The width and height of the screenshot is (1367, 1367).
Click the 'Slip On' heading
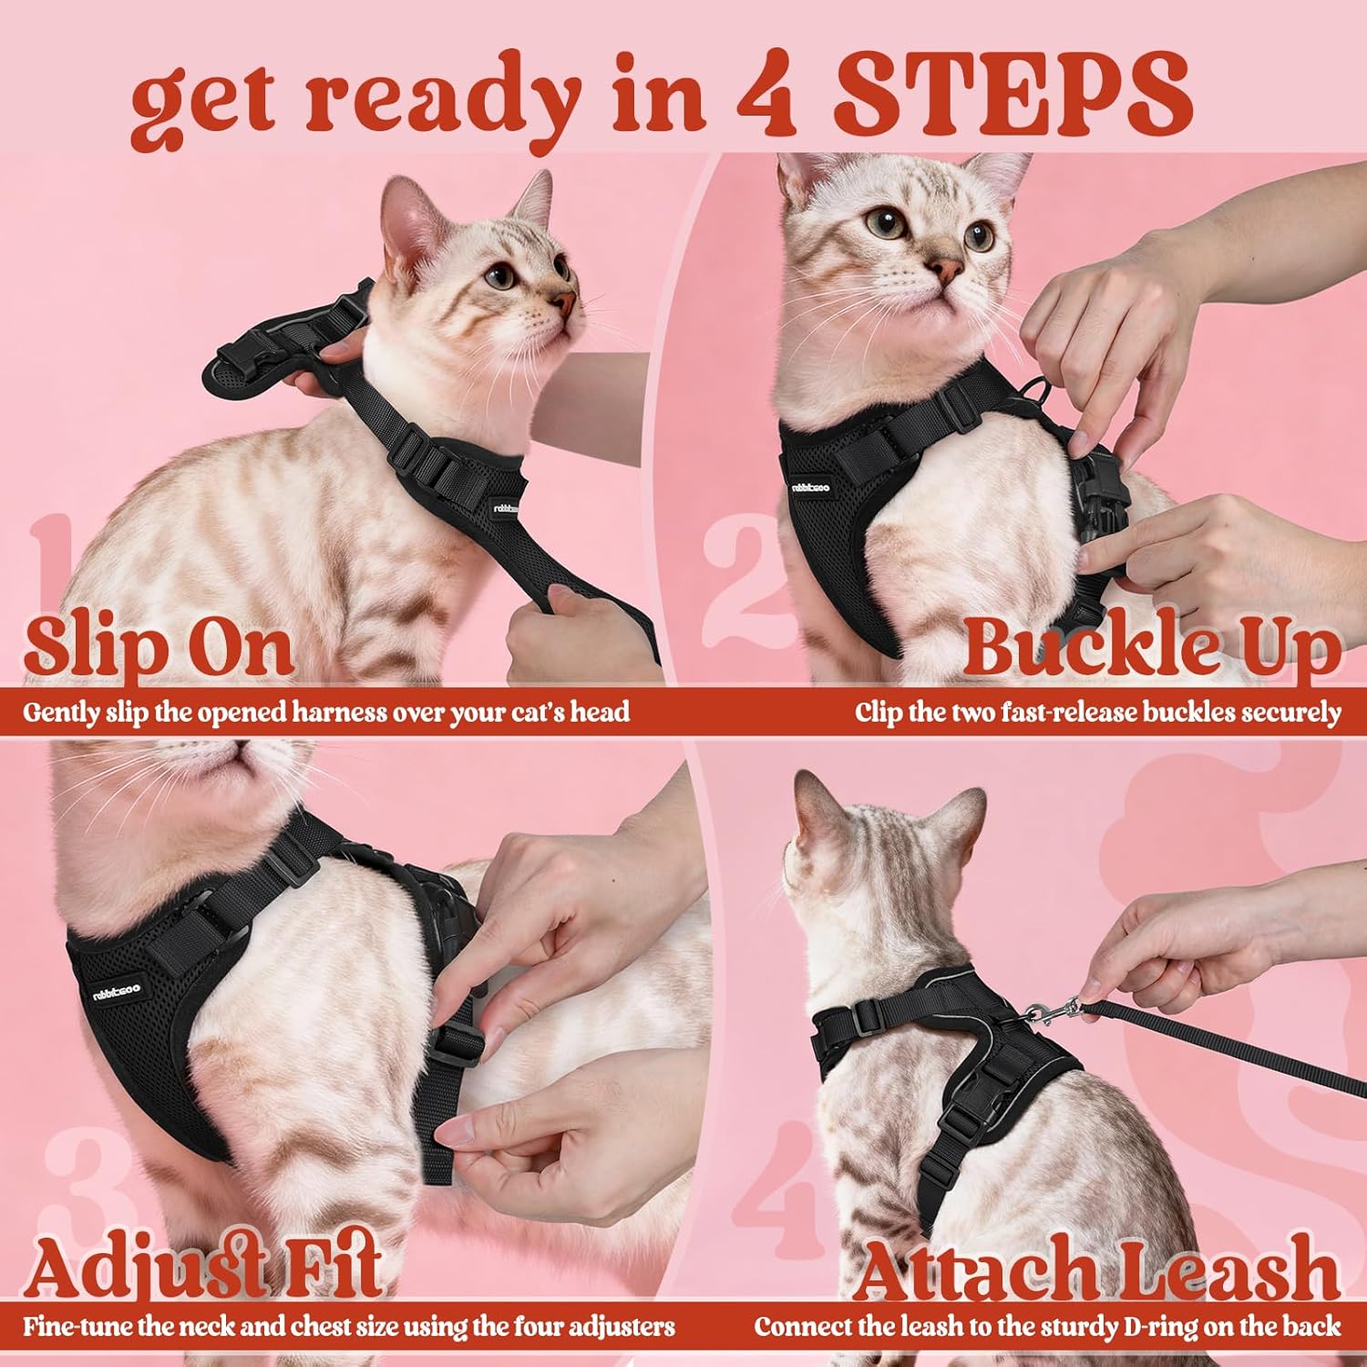(159, 647)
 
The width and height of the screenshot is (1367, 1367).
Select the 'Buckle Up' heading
(1150, 648)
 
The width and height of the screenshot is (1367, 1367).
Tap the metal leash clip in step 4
(1048, 1010)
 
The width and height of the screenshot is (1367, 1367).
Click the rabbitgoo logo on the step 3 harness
(116, 991)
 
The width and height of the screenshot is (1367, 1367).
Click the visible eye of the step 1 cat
(499, 275)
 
